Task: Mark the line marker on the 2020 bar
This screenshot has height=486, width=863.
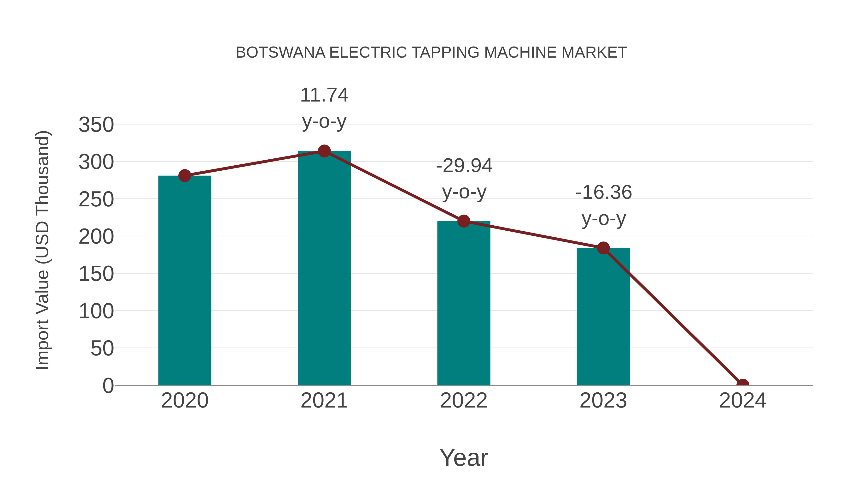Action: tap(185, 175)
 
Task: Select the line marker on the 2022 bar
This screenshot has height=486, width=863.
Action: tap(464, 221)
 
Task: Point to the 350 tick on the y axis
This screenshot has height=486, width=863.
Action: tap(96, 125)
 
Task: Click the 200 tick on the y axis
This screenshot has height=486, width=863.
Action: tap(96, 237)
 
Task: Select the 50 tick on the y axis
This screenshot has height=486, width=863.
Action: tap(102, 348)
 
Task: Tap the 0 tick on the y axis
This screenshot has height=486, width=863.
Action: tap(108, 386)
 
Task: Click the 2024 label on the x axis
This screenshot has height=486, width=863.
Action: tap(742, 401)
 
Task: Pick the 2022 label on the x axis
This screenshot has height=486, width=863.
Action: tap(464, 401)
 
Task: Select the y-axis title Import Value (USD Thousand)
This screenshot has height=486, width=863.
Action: tap(43, 250)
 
